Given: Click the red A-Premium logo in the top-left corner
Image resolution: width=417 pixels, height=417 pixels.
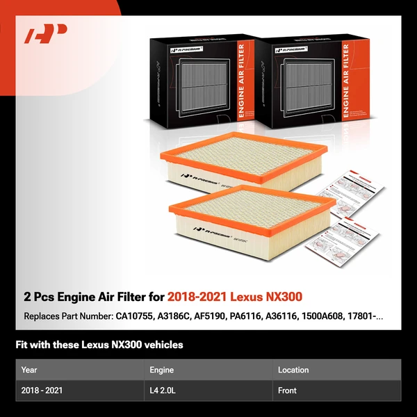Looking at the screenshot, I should coord(46,34).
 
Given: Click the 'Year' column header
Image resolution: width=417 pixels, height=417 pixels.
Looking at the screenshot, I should coord(29,370).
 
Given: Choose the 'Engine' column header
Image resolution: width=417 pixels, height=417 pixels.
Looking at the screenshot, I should coord(161,370).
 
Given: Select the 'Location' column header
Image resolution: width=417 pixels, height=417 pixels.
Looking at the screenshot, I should coord(293,370).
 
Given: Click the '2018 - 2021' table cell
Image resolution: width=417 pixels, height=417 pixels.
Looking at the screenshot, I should coord(42,391).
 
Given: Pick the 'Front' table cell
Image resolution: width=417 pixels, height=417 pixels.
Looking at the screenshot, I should coord(287,391).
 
